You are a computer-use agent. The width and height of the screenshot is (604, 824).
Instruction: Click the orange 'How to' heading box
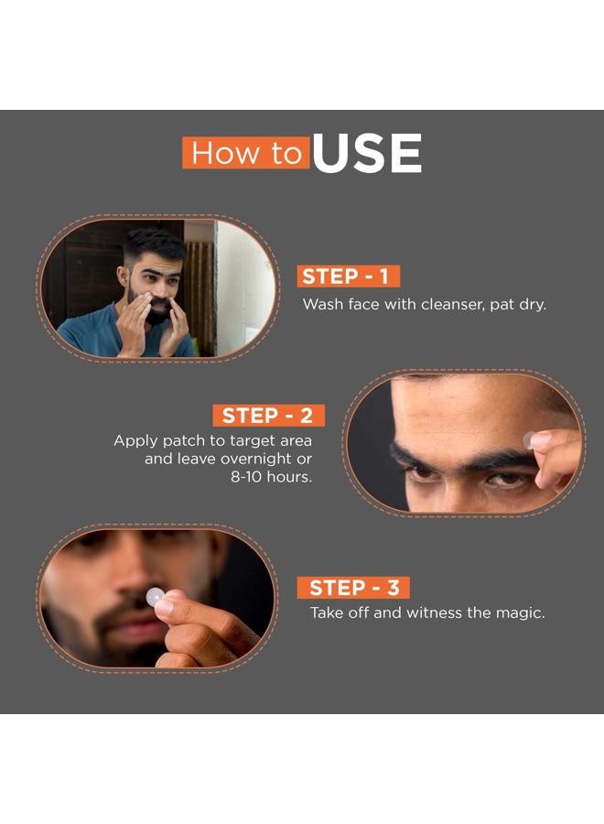(x=245, y=154)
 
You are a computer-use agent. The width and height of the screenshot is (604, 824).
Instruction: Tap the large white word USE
(x=366, y=153)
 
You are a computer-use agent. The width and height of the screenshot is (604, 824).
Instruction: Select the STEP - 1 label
(x=349, y=276)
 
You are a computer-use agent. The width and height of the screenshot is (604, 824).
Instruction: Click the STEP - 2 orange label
(x=267, y=415)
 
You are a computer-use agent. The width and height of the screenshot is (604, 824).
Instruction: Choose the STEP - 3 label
(x=354, y=588)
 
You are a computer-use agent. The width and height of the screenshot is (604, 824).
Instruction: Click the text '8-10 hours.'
(x=272, y=478)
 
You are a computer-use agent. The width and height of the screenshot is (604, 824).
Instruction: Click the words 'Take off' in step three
(x=340, y=613)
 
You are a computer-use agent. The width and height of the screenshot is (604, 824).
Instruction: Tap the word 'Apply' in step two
(x=134, y=440)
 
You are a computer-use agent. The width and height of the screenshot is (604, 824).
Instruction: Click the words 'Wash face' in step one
(x=338, y=304)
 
